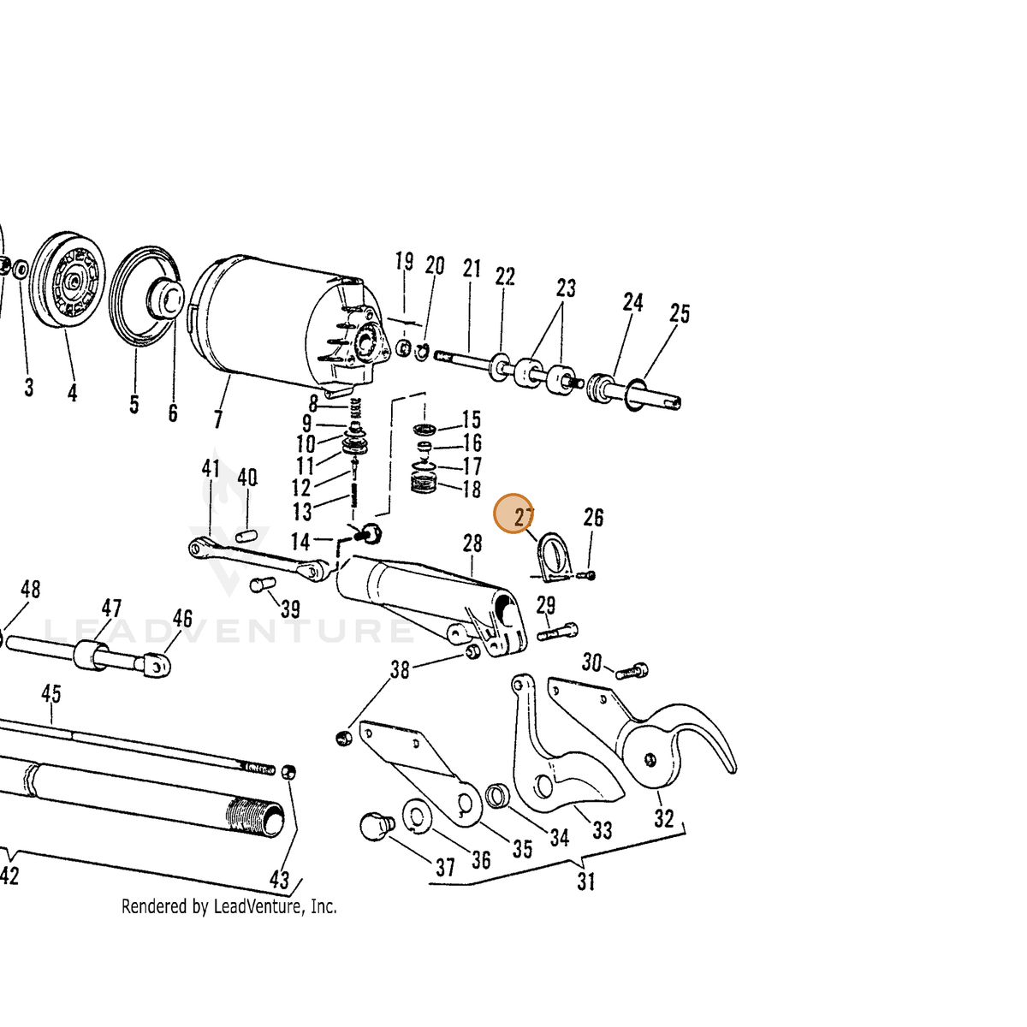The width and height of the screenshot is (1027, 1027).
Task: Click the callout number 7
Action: click(x=218, y=419)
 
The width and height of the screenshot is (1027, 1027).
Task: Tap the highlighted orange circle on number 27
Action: click(x=513, y=513)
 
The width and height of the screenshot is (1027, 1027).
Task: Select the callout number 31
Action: click(x=586, y=881)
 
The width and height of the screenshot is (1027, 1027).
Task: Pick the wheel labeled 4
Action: click(x=68, y=281)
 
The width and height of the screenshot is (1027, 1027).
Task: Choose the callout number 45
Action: click(x=51, y=694)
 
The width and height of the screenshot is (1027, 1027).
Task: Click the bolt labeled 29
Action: click(x=557, y=632)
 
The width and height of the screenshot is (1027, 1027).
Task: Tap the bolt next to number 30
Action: click(x=632, y=671)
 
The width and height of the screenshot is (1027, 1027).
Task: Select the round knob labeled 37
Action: click(x=377, y=827)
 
